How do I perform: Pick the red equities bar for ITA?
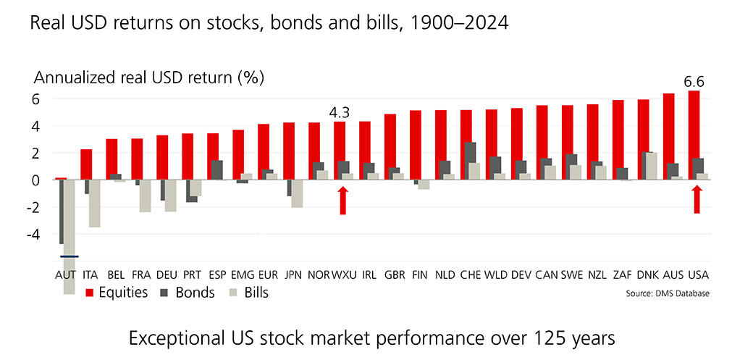point(86,164)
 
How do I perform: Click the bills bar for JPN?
point(297,193)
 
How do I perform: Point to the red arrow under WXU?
point(344,200)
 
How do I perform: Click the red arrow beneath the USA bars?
point(697,199)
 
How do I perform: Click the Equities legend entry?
point(117,293)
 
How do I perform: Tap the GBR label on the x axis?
point(395,277)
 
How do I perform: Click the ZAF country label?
point(622,277)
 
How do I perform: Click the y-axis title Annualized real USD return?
point(149,77)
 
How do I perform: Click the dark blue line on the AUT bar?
point(70,256)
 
